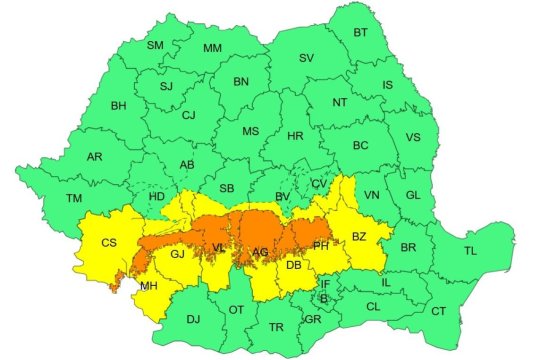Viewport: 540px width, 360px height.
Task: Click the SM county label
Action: pyautogui.click(x=155, y=46)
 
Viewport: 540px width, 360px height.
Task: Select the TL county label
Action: pyautogui.click(x=469, y=251)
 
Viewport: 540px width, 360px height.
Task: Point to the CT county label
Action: pyautogui.click(x=438, y=312)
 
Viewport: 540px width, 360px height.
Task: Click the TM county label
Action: pyautogui.click(x=74, y=198)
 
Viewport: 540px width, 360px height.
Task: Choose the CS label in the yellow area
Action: pyautogui.click(x=110, y=242)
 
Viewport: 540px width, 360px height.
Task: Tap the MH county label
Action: pyautogui.click(x=148, y=286)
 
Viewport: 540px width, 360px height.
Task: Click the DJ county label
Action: pyautogui.click(x=193, y=320)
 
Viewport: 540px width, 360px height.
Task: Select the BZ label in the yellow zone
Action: pyautogui.click(x=359, y=237)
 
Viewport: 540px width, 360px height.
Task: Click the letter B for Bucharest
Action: pyautogui.click(x=323, y=298)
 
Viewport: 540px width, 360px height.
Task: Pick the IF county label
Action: pyautogui.click(x=324, y=284)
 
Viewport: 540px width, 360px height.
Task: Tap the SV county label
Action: pyautogui.click(x=306, y=59)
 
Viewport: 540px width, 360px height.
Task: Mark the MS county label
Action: pyautogui.click(x=250, y=131)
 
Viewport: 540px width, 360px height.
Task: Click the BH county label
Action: pyautogui.click(x=118, y=105)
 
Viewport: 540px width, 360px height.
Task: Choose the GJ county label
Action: pyautogui.click(x=179, y=255)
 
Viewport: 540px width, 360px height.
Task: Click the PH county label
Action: pyautogui.click(x=321, y=245)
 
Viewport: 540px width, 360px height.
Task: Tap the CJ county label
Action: pyautogui.click(x=188, y=115)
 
